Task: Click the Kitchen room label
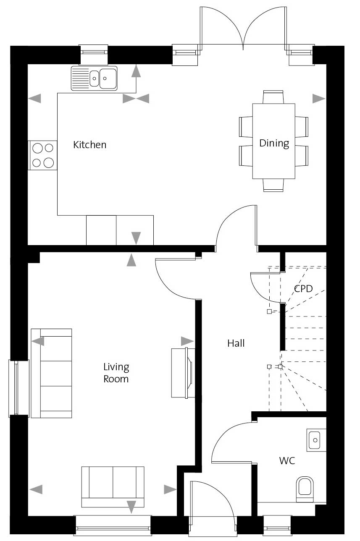pos(90,145)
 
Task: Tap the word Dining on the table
pos(274,143)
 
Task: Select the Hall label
pos(236,343)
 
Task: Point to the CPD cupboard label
pos(303,288)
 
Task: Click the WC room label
pos(287,461)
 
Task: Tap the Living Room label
pos(116,373)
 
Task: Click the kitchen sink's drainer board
pos(80,78)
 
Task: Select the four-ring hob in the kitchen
pos(43,155)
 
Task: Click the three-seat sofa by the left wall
pos(52,373)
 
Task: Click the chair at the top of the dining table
pos(273,97)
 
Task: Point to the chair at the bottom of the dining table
pos(273,185)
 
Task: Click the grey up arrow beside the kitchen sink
pos(136,71)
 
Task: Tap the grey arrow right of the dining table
pos(319,99)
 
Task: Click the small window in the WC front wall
pos(277,528)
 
